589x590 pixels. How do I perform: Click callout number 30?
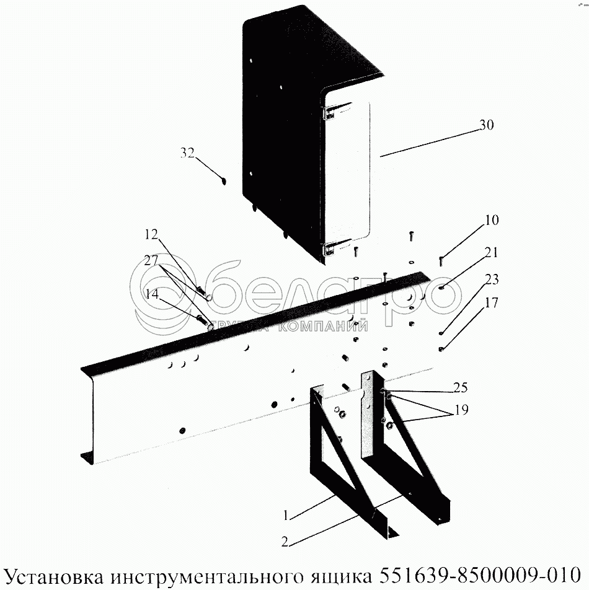487,125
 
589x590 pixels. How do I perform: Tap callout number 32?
187,152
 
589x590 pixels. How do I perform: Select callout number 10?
492,220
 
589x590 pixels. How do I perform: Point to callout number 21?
491,252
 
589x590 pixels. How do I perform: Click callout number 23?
492,279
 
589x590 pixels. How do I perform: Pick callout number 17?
492,302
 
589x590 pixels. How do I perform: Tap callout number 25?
460,387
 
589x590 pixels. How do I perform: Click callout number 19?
461,410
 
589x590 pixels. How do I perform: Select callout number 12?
151,234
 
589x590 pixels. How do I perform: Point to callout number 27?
151,260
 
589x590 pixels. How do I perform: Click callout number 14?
152,294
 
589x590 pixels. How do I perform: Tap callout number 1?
286,515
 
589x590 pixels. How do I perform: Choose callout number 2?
285,542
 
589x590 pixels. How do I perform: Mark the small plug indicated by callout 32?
224,182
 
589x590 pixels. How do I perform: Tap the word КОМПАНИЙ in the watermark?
322,327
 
